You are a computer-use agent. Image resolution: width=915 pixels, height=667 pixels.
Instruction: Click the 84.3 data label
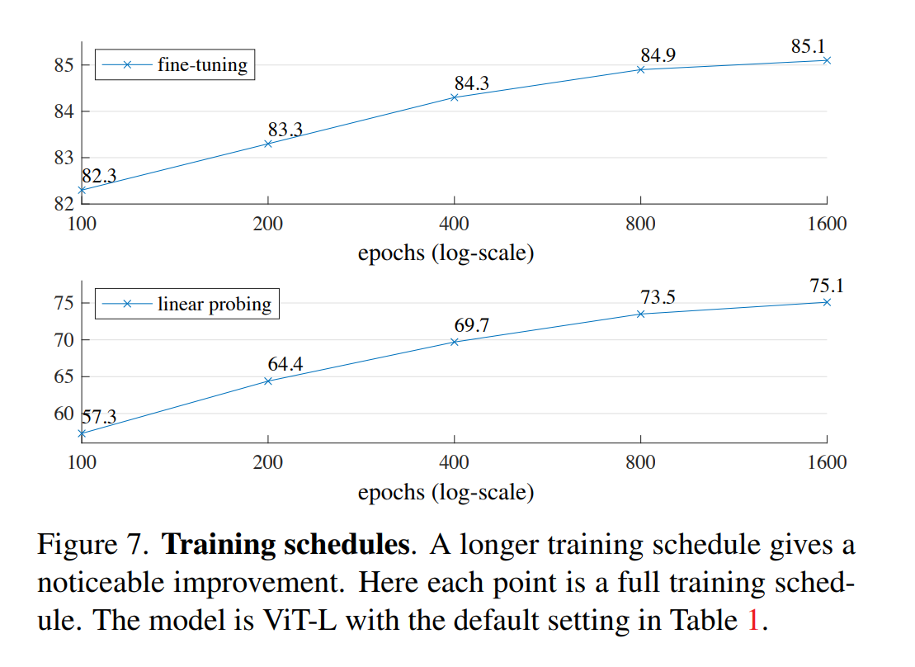point(471,83)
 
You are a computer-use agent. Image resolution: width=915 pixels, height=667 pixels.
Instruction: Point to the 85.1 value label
point(809,46)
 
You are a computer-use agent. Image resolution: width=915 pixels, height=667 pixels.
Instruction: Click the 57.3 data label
point(99,416)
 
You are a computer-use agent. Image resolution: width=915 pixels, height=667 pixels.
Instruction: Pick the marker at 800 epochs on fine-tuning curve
point(640,69)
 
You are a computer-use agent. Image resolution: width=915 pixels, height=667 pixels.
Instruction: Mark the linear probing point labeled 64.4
point(267,381)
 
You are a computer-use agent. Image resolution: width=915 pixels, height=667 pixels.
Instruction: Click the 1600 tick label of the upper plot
point(826,224)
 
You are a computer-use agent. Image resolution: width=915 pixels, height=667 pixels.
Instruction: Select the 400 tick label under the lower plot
point(454,462)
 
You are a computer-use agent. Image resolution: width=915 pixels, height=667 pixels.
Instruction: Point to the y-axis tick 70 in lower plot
point(64,340)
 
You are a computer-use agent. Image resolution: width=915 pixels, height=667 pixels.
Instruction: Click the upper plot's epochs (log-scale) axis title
point(446,253)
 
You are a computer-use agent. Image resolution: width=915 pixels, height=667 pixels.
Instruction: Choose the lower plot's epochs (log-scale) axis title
point(446,493)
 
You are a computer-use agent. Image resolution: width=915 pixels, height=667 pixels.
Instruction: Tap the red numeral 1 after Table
point(751,620)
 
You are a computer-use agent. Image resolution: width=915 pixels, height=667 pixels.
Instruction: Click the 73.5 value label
point(658,297)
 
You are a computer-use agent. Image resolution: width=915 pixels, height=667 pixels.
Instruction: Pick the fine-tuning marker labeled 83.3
point(267,144)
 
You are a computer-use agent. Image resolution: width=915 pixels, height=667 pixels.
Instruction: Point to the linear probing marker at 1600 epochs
point(827,302)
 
